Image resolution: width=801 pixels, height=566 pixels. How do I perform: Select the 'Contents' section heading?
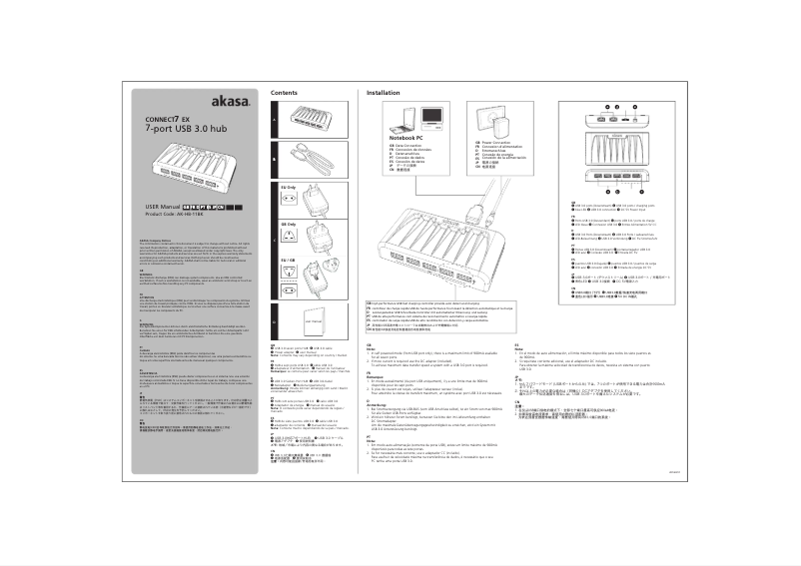pos(285,92)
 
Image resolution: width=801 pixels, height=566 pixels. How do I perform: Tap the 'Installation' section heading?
pos(385,92)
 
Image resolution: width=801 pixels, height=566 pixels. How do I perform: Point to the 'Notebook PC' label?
pos(393,137)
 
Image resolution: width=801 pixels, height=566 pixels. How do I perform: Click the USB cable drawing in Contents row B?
pos(311,157)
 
